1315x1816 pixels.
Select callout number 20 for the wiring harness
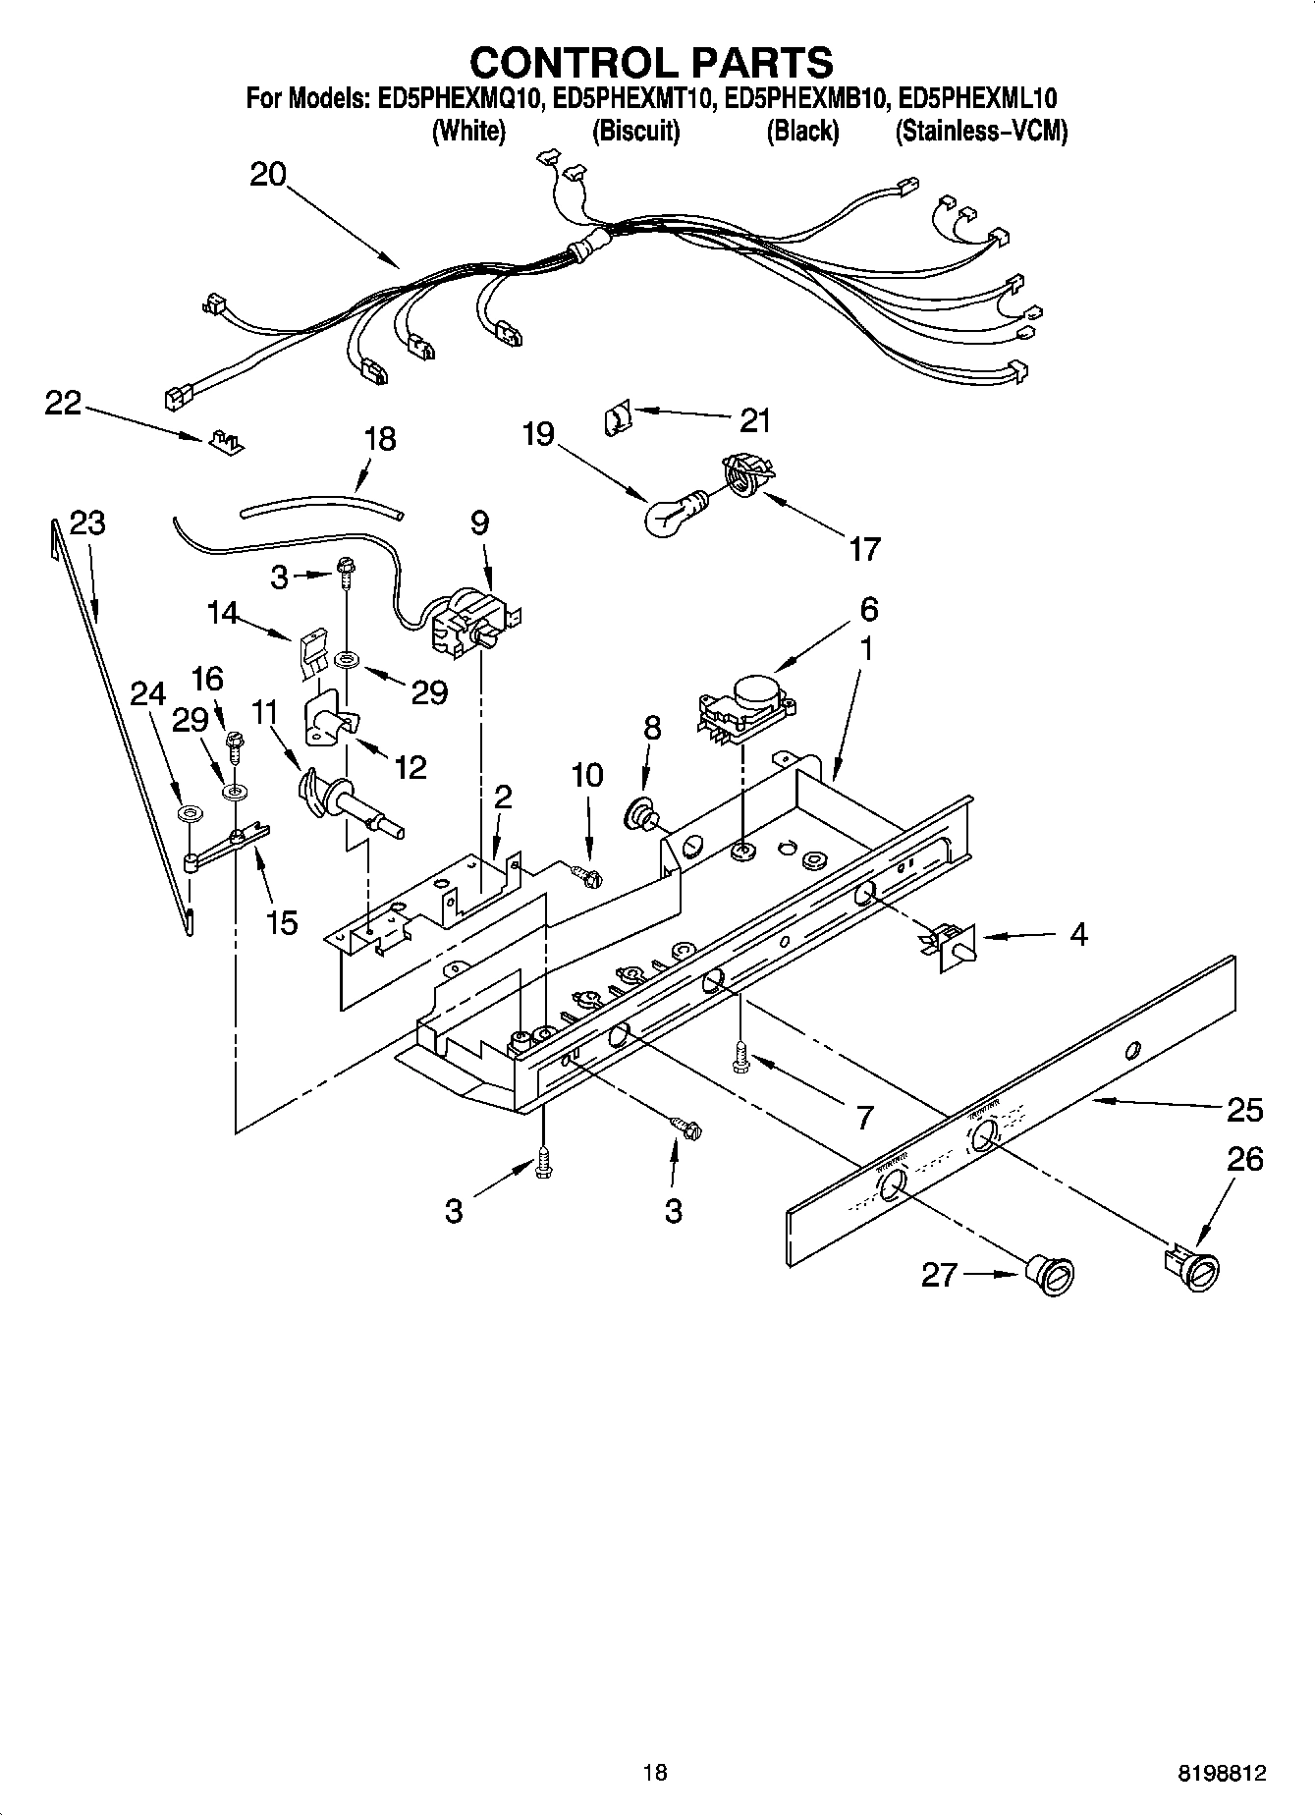(x=267, y=176)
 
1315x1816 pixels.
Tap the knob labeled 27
(x=1052, y=1277)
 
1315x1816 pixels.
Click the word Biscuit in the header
(x=635, y=132)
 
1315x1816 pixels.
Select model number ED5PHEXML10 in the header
(x=977, y=98)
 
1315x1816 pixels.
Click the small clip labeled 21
(x=615, y=420)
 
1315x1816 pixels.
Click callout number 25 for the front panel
(x=1244, y=1111)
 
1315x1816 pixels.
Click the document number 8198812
(x=1222, y=1773)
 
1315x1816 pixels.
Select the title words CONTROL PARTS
(x=652, y=62)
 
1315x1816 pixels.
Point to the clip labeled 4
(x=949, y=945)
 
